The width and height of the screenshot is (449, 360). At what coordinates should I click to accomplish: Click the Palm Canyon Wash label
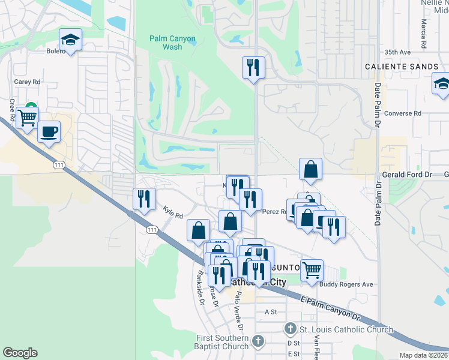172,43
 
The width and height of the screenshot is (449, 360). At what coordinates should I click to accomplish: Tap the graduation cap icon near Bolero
70,41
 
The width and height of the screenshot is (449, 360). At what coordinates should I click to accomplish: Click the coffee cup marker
49,131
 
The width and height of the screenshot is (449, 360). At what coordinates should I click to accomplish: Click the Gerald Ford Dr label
407,174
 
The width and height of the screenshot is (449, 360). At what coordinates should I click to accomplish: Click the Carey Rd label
27,82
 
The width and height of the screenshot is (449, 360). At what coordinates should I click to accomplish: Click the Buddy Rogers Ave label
346,284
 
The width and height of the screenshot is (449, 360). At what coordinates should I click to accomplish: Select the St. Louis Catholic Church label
346,329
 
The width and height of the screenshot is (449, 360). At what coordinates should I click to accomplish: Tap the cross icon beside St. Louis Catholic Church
290,329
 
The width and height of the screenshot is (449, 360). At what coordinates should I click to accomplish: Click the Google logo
20,353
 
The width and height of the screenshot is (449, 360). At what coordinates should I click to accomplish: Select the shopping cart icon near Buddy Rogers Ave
312,270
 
